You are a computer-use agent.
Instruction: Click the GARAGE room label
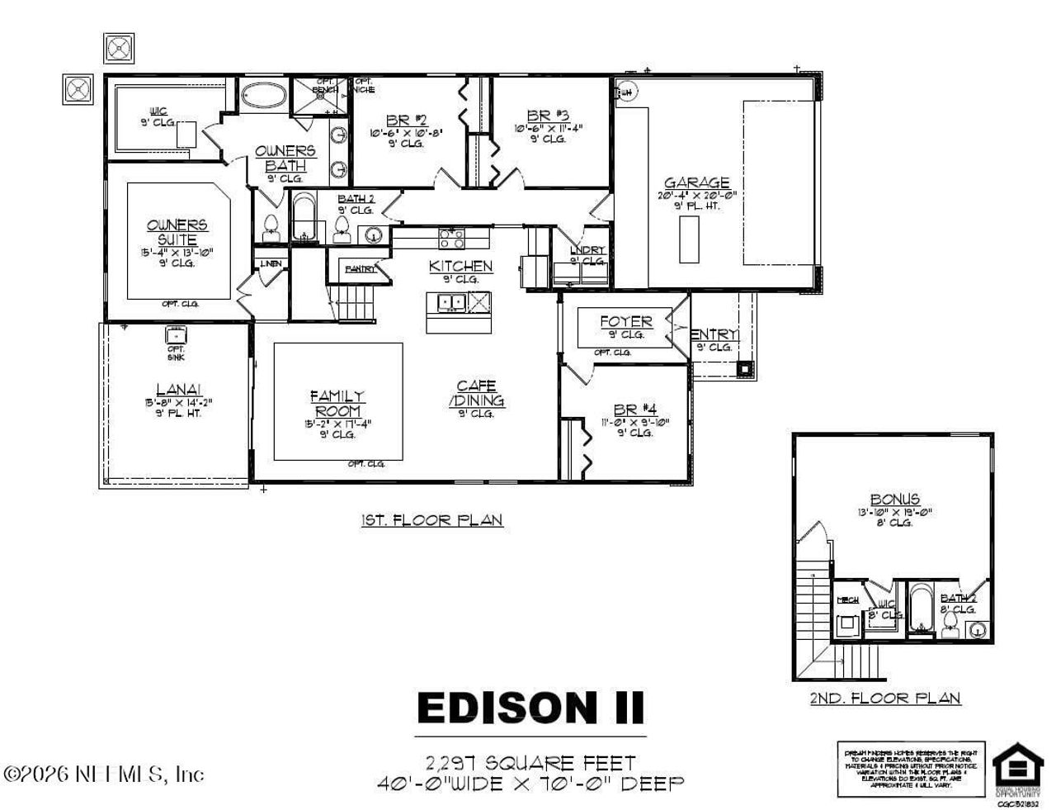click(x=697, y=183)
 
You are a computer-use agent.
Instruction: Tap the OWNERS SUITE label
click(x=177, y=232)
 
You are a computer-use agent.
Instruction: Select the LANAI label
click(x=178, y=390)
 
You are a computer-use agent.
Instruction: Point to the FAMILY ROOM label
click(x=337, y=404)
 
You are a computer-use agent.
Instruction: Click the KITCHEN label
click(x=460, y=266)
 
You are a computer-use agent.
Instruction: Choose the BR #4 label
click(x=634, y=410)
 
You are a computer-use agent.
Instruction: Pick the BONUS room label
click(x=895, y=499)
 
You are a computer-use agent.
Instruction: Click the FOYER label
click(x=625, y=321)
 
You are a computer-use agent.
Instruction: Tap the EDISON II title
click(x=530, y=708)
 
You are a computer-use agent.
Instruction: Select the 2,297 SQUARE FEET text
click(x=530, y=762)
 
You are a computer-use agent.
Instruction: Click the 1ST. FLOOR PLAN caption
click(x=431, y=520)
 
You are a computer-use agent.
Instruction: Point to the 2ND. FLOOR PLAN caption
click(x=884, y=699)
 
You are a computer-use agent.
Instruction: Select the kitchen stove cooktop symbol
click(x=451, y=239)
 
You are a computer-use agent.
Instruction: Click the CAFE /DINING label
click(x=476, y=394)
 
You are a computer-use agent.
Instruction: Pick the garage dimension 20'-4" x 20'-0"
click(x=697, y=196)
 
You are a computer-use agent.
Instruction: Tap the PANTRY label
click(x=360, y=269)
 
